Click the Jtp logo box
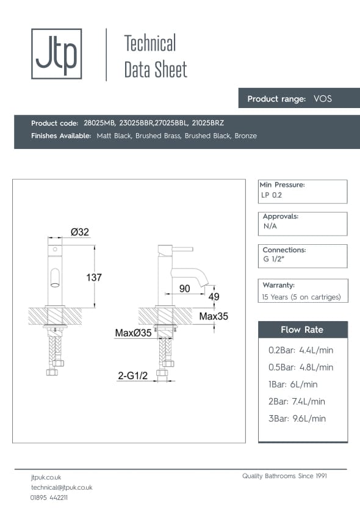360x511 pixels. (x=56, y=54)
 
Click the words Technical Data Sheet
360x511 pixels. (x=155, y=56)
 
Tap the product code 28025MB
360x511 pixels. (x=99, y=123)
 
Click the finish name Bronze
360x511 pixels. (x=245, y=136)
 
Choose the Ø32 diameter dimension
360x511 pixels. (x=80, y=232)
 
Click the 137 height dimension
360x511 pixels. (x=94, y=277)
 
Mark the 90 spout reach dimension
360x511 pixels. (x=185, y=288)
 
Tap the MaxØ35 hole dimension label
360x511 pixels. (x=133, y=333)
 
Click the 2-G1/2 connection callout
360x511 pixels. (x=133, y=377)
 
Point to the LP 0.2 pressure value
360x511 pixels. (x=272, y=195)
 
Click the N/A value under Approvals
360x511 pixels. (x=270, y=226)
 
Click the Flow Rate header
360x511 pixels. (x=302, y=330)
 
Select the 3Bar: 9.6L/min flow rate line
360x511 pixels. (x=297, y=418)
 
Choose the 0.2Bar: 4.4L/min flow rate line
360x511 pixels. (x=301, y=350)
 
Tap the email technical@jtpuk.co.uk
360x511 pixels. (x=62, y=487)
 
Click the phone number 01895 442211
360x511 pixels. (x=49, y=498)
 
